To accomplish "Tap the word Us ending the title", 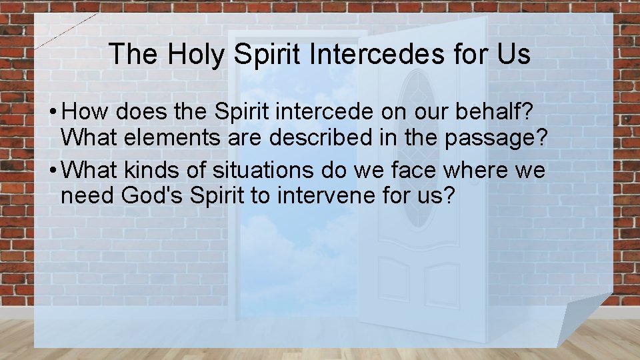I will pos(511,55).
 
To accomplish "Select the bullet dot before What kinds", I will pos(51,171).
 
